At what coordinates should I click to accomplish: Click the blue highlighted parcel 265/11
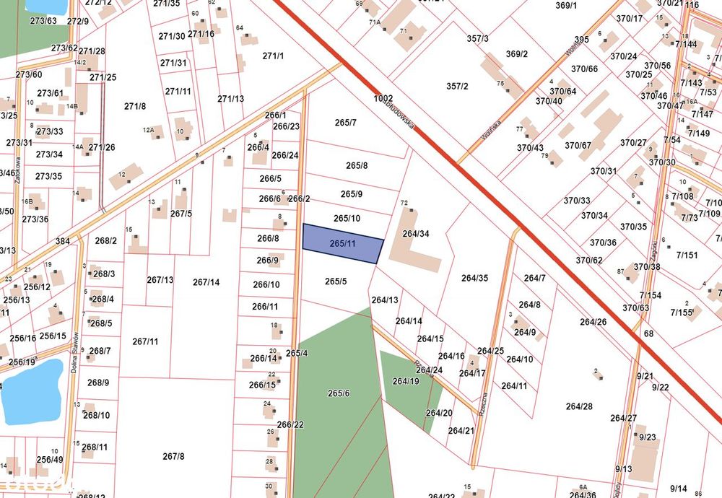click(x=342, y=244)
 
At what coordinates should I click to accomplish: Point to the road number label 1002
click(x=383, y=98)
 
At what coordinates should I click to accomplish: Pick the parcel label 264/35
click(x=475, y=277)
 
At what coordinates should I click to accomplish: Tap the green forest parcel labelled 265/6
click(x=339, y=393)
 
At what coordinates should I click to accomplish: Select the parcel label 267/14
click(x=206, y=282)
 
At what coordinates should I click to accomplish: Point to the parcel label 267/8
click(x=173, y=456)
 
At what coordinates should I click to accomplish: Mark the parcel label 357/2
click(x=457, y=87)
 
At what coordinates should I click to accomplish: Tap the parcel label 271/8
click(x=135, y=106)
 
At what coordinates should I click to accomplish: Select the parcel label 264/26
click(x=592, y=322)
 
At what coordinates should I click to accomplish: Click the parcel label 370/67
click(x=578, y=146)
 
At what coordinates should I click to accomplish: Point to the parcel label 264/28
click(x=579, y=406)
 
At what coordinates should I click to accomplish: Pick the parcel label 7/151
click(x=687, y=255)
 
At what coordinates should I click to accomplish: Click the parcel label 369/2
click(x=517, y=54)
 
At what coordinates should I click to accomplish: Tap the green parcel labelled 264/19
click(x=405, y=381)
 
